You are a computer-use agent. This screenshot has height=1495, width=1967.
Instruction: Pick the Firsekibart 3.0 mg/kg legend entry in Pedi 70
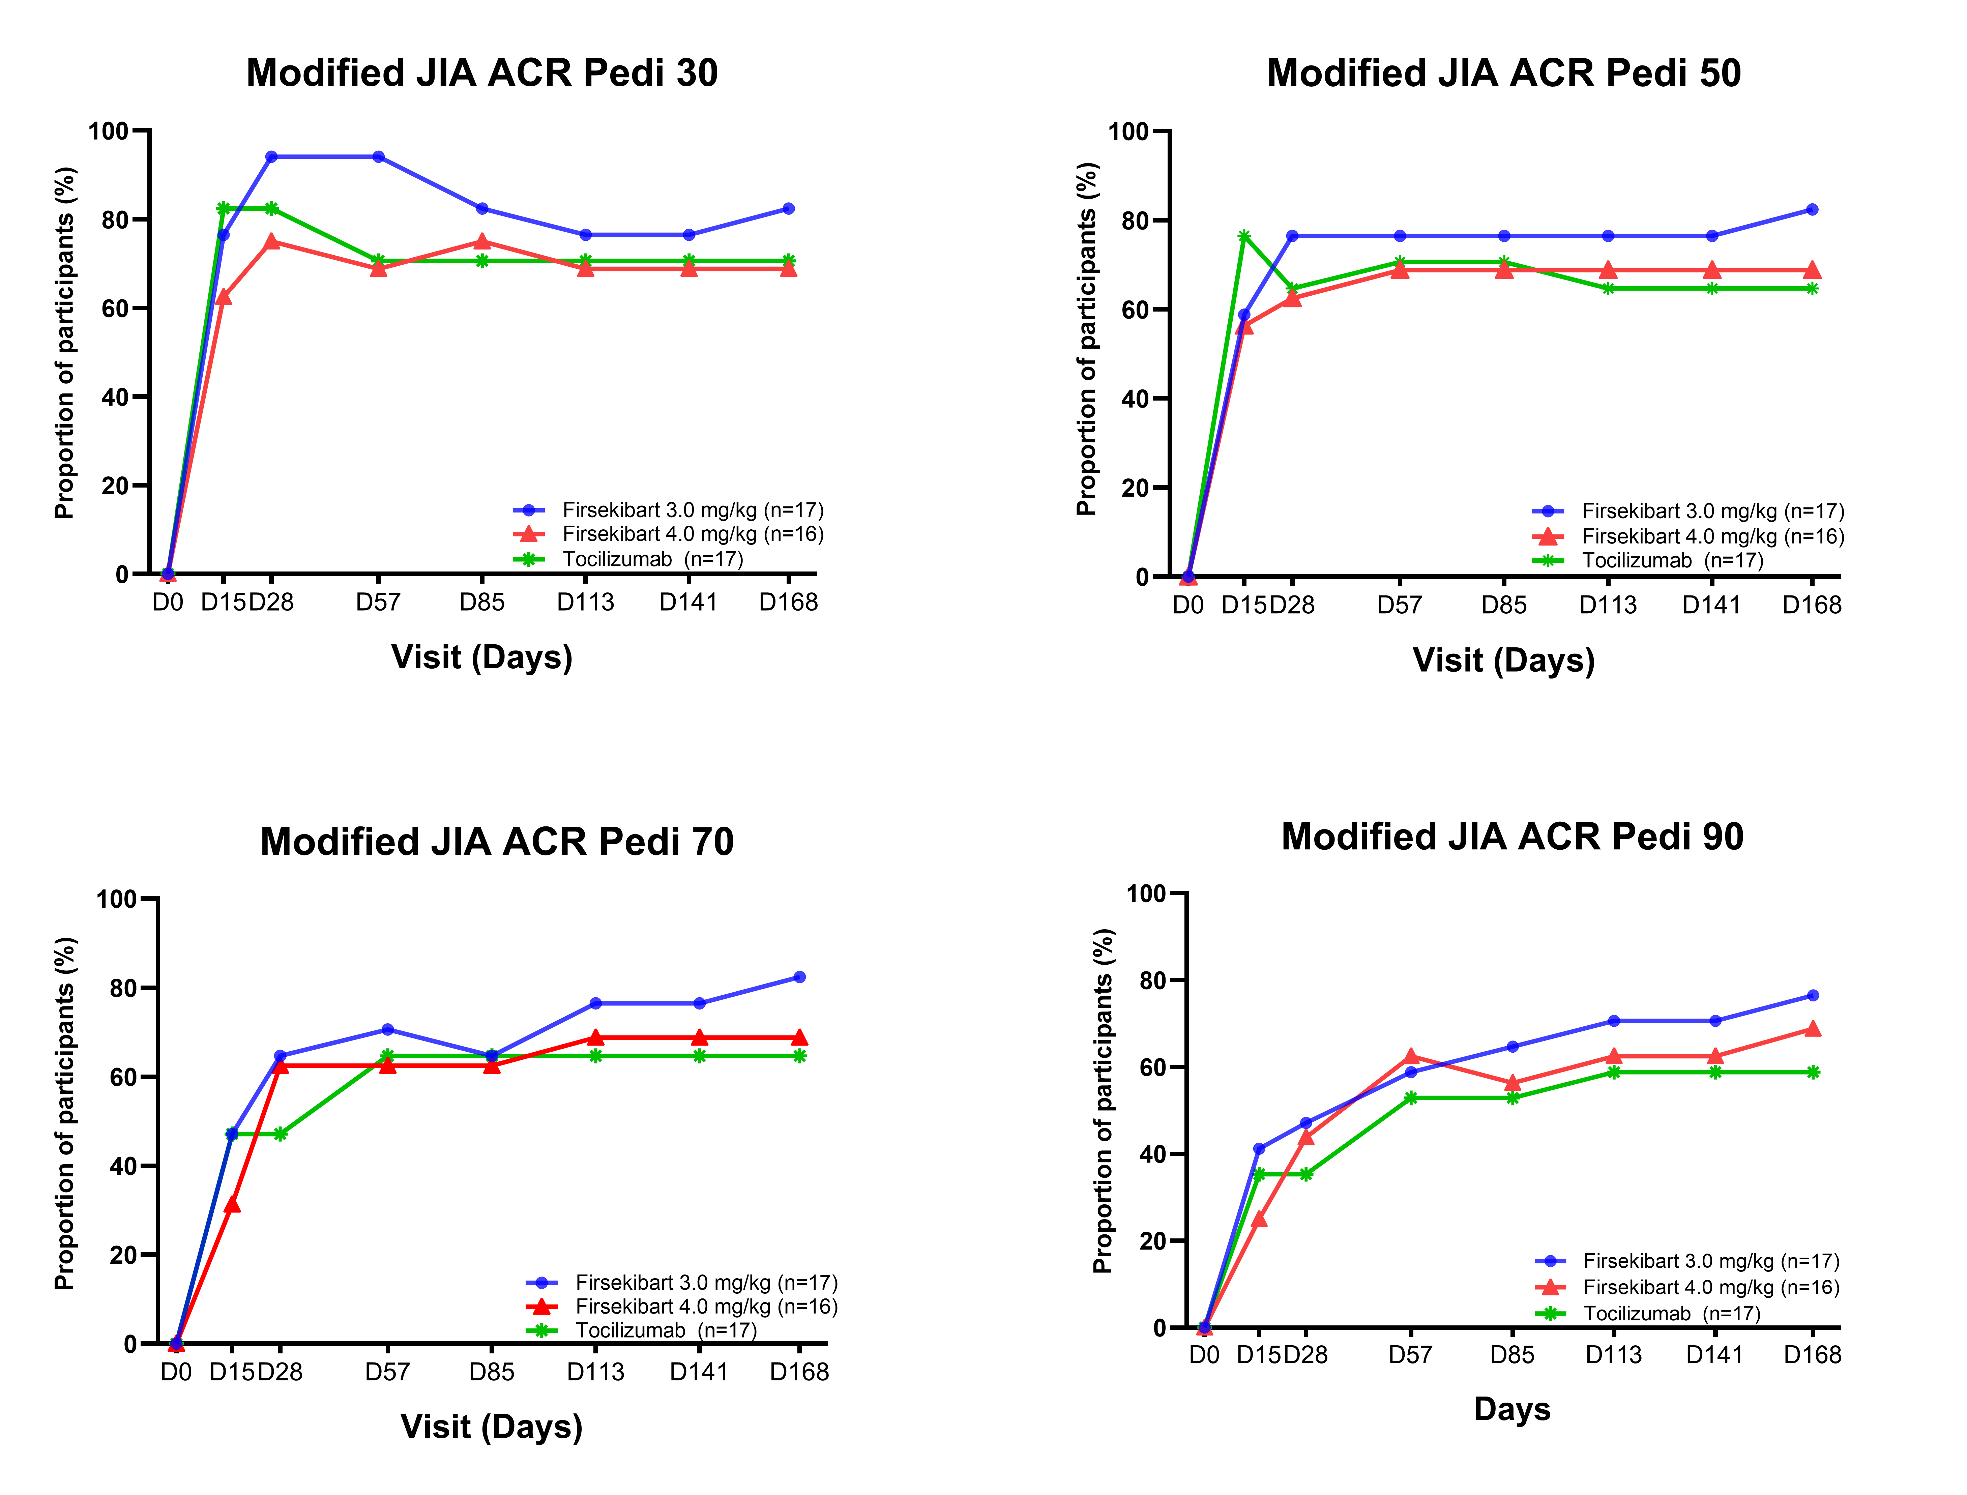pyautogui.click(x=705, y=1282)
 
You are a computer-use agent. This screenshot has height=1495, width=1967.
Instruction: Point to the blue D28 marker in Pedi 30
pyautogui.click(x=271, y=157)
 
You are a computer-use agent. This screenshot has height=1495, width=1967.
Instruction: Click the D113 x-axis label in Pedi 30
pyautogui.click(x=585, y=603)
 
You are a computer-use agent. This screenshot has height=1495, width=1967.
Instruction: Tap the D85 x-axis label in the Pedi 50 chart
pyautogui.click(x=1503, y=605)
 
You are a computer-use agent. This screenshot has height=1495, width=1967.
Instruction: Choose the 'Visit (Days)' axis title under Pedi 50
pyautogui.click(x=1503, y=660)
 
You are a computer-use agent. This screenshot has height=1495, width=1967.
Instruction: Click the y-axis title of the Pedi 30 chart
pyautogui.click(x=65, y=343)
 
